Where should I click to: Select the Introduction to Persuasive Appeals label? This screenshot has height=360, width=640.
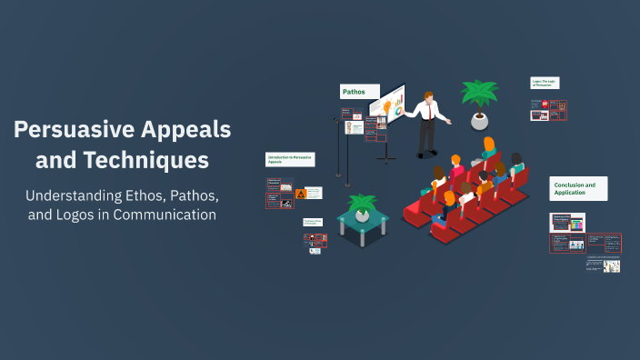click(x=290, y=159)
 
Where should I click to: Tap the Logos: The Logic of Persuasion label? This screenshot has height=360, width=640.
click(x=547, y=84)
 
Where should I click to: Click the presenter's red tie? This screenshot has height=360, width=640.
click(x=429, y=108)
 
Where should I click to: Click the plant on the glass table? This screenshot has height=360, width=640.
click(x=363, y=205)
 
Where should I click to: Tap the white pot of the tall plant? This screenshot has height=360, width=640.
click(x=479, y=120)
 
